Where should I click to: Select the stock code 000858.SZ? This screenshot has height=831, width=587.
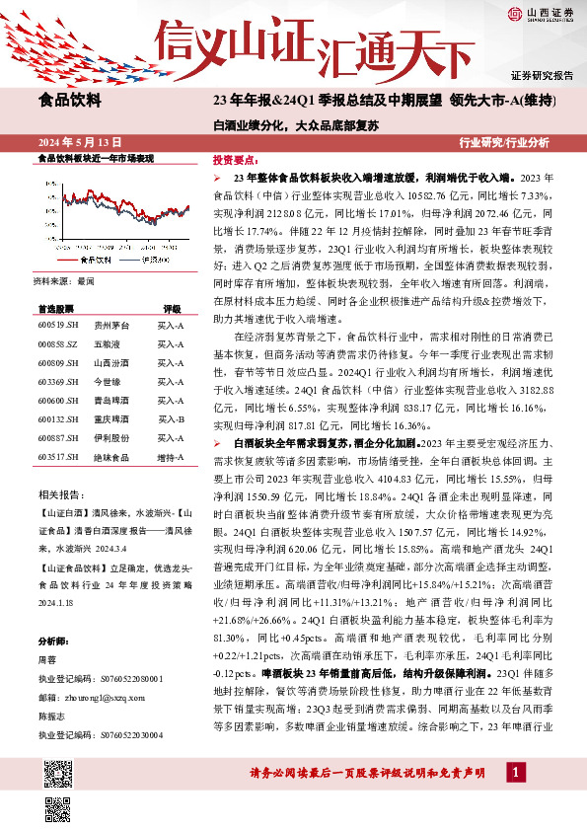[58, 344]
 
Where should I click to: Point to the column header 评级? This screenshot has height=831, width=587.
[173, 309]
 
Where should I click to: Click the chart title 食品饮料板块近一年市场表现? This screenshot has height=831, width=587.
[95, 158]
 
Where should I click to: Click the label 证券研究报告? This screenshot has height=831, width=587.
[542, 75]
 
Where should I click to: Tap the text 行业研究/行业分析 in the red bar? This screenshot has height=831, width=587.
[504, 142]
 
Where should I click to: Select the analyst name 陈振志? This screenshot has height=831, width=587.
[52, 716]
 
